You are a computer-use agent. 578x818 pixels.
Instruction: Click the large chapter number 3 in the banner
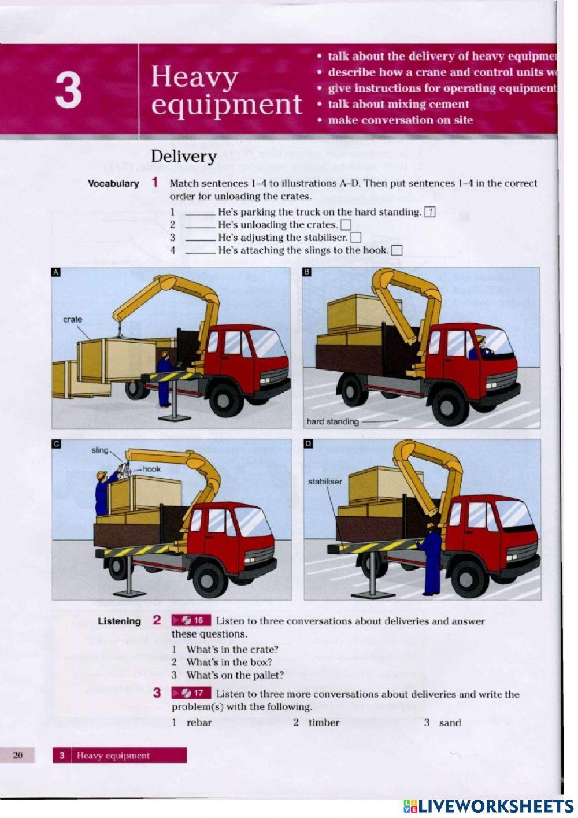[x=68, y=91]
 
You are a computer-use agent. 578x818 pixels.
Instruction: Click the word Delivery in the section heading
[x=184, y=156]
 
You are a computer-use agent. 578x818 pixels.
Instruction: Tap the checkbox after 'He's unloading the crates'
[x=346, y=224]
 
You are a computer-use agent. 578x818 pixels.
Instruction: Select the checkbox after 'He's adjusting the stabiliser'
[x=355, y=237]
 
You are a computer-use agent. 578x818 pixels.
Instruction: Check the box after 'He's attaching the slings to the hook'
[x=397, y=250]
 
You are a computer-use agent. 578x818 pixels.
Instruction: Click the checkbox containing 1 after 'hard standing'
[x=429, y=212]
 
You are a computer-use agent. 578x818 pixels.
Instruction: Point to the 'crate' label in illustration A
[x=73, y=319]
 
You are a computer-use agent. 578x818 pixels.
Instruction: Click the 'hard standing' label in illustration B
[x=332, y=421]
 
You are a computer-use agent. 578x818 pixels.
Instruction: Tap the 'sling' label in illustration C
[x=100, y=450]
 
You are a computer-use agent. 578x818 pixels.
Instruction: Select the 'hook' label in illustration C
[x=151, y=469]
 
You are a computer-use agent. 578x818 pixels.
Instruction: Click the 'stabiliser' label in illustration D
[x=325, y=481]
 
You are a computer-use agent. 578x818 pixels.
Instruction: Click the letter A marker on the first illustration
[x=56, y=272]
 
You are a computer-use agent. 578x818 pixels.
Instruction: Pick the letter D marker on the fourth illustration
[x=308, y=443]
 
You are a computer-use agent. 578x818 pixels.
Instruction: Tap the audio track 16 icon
[x=191, y=620]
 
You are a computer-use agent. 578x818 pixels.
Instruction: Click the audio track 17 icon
[x=191, y=693]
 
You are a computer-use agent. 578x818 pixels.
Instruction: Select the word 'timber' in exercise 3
[x=324, y=722]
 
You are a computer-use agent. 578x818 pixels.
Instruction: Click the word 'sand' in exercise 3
[x=450, y=722]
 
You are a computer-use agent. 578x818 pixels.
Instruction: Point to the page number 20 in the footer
[x=18, y=755]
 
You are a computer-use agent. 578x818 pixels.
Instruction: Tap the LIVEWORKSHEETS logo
[x=488, y=806]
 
